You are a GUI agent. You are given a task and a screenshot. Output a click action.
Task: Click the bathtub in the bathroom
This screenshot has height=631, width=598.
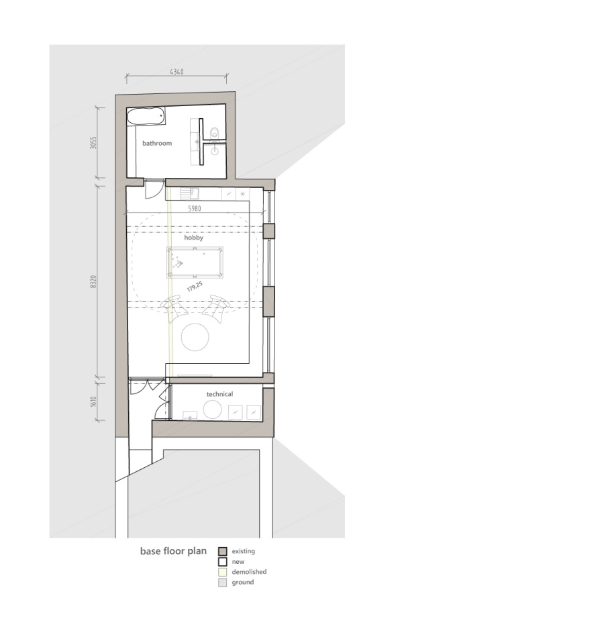click(x=146, y=116)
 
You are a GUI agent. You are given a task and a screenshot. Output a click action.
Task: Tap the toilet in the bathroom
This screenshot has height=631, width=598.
click(x=215, y=133)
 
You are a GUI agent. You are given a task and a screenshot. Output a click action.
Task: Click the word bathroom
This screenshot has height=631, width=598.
click(x=157, y=143)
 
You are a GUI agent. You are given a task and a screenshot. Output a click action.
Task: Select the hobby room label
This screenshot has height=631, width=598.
click(x=193, y=238)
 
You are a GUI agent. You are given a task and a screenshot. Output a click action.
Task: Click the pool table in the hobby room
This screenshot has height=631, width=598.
click(x=195, y=262)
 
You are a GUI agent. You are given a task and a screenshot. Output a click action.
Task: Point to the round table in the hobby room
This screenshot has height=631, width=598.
click(x=195, y=337)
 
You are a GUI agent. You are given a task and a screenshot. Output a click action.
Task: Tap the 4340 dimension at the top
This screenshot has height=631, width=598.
click(x=177, y=72)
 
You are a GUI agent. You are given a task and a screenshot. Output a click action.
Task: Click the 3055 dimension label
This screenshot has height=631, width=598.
click(x=93, y=143)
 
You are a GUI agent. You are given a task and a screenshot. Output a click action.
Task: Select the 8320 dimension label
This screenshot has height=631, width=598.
click(x=93, y=282)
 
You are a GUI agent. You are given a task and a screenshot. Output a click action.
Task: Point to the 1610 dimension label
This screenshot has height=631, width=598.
click(x=93, y=401)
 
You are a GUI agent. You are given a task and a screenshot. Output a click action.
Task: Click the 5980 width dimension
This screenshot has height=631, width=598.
click(x=195, y=209)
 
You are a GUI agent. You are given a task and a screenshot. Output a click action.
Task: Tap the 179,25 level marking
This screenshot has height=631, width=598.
click(x=195, y=287)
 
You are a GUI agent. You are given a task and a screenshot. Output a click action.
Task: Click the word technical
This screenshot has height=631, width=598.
click(x=219, y=394)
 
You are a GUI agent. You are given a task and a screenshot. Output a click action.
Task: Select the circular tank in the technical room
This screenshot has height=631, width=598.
click(x=213, y=409)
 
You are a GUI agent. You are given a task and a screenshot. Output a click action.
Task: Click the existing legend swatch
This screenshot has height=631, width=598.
click(x=223, y=551)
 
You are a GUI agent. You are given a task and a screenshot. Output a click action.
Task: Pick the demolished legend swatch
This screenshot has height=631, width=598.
click(x=223, y=572)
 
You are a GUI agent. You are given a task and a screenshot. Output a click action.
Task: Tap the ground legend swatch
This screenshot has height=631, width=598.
click(x=223, y=582)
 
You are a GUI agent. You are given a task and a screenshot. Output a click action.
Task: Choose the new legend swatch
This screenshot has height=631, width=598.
click(x=223, y=562)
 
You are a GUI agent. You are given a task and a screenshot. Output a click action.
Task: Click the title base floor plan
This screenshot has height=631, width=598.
click(x=173, y=551)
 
